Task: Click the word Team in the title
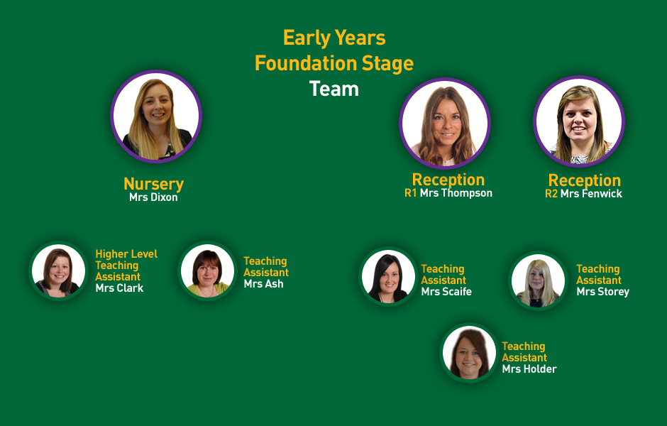pyautogui.click(x=334, y=89)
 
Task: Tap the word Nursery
pyautogui.click(x=153, y=184)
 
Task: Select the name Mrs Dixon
pyautogui.click(x=153, y=197)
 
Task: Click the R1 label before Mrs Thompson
pyautogui.click(x=411, y=193)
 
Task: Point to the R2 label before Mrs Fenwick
pyautogui.click(x=551, y=194)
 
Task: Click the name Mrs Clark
pyautogui.click(x=119, y=288)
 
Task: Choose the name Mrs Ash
pyautogui.click(x=264, y=284)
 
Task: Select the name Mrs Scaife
pyautogui.click(x=446, y=292)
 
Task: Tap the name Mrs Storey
pyautogui.click(x=602, y=292)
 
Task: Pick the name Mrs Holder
pyautogui.click(x=529, y=369)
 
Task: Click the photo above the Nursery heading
pyautogui.click(x=156, y=116)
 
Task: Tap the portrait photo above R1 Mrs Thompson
pyautogui.click(x=445, y=124)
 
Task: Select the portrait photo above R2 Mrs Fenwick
pyautogui.click(x=579, y=121)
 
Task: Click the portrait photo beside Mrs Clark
pyautogui.click(x=58, y=271)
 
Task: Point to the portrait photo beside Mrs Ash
pyautogui.click(x=207, y=271)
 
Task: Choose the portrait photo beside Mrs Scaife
pyautogui.click(x=388, y=276)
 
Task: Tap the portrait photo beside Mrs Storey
pyautogui.click(x=538, y=281)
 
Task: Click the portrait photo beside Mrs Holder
pyautogui.click(x=469, y=353)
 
